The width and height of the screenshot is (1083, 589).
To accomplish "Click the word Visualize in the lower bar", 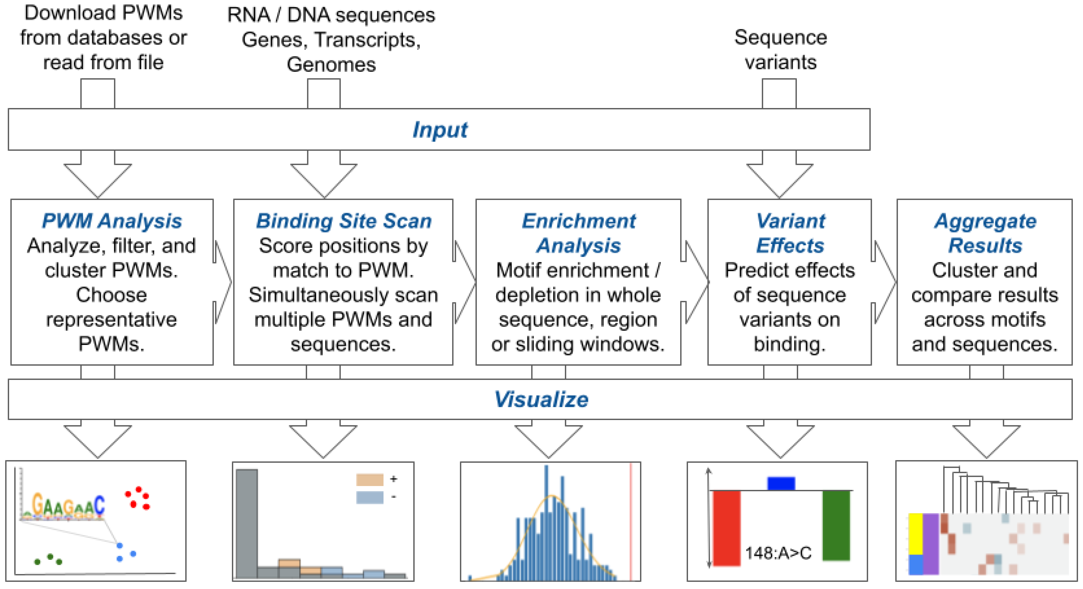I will click(x=541, y=399).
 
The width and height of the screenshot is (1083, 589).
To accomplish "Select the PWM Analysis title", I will click(x=112, y=221).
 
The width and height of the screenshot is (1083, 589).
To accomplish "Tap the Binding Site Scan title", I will click(x=344, y=221).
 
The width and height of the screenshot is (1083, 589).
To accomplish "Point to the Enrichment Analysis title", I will click(x=579, y=233).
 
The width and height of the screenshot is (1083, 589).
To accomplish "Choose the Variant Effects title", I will click(x=790, y=233).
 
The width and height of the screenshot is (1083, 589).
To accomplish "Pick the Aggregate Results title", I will click(x=985, y=233).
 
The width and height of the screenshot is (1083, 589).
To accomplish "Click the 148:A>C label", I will click(x=778, y=553).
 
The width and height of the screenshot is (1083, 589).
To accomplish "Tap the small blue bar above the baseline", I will click(x=781, y=483).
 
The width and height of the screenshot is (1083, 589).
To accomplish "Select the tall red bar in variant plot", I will click(x=726, y=528).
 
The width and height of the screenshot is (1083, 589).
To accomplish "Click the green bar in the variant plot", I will click(x=836, y=526).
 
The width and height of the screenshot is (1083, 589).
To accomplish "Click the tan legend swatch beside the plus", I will click(x=369, y=479).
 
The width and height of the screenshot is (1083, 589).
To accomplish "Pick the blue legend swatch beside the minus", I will click(x=369, y=497).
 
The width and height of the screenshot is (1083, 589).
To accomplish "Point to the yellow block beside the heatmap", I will click(x=916, y=533).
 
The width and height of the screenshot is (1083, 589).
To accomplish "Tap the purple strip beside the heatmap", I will click(x=931, y=543).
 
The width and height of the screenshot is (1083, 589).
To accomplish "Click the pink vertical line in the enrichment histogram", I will click(x=631, y=522).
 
